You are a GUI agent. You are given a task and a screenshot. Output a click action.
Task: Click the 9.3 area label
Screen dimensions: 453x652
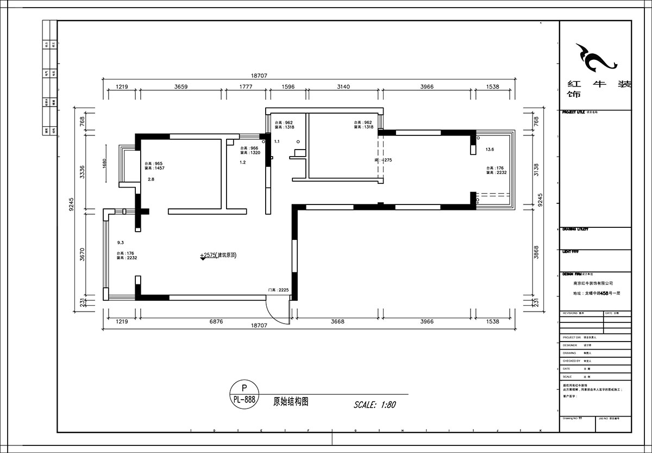(121, 243)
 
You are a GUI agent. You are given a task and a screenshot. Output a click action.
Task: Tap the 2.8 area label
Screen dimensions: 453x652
(151, 179)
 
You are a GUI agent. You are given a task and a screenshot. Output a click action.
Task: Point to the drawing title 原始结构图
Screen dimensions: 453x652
(291, 402)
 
